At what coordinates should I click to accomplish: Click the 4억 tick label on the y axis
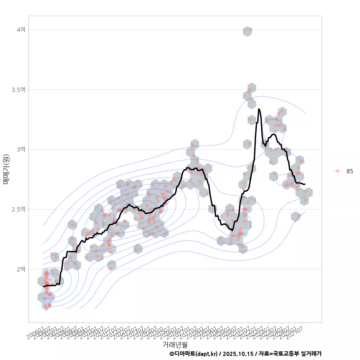pyautogui.click(x=21, y=30)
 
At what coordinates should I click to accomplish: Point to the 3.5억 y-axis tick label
pyautogui.click(x=19, y=90)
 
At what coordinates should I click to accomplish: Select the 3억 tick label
pyautogui.click(x=21, y=149)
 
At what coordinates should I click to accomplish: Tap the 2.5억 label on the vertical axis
pyautogui.click(x=19, y=209)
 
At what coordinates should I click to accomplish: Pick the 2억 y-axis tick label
pyautogui.click(x=21, y=269)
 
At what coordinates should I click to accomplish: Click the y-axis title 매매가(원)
pyautogui.click(x=6, y=169)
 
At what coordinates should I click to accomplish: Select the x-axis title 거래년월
pyautogui.click(x=175, y=344)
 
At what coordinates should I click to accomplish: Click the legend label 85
pyautogui.click(x=349, y=171)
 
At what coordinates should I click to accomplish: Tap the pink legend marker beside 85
pyautogui.click(x=337, y=171)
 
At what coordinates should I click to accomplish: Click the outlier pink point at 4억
pyautogui.click(x=251, y=30)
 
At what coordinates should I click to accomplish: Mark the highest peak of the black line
pyautogui.click(x=259, y=109)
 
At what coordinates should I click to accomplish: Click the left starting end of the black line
pyautogui.click(x=43, y=286)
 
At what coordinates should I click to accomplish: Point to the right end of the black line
pyautogui.click(x=304, y=184)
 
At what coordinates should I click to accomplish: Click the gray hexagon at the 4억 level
pyautogui.click(x=247, y=31)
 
